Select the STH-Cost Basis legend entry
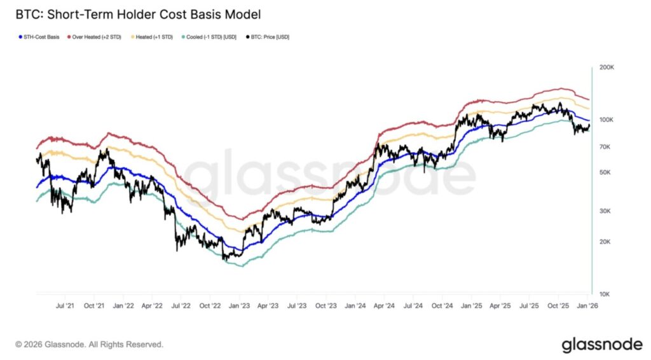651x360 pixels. click(x=39, y=37)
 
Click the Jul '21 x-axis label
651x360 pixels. click(x=65, y=306)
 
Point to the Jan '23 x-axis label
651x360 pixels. click(x=239, y=306)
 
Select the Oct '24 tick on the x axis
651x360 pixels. click(x=442, y=306)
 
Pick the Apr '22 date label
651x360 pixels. click(x=153, y=306)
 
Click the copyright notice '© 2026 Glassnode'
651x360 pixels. click(x=89, y=344)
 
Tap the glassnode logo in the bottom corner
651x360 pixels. click(x=601, y=344)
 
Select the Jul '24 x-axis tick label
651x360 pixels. click(x=413, y=306)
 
